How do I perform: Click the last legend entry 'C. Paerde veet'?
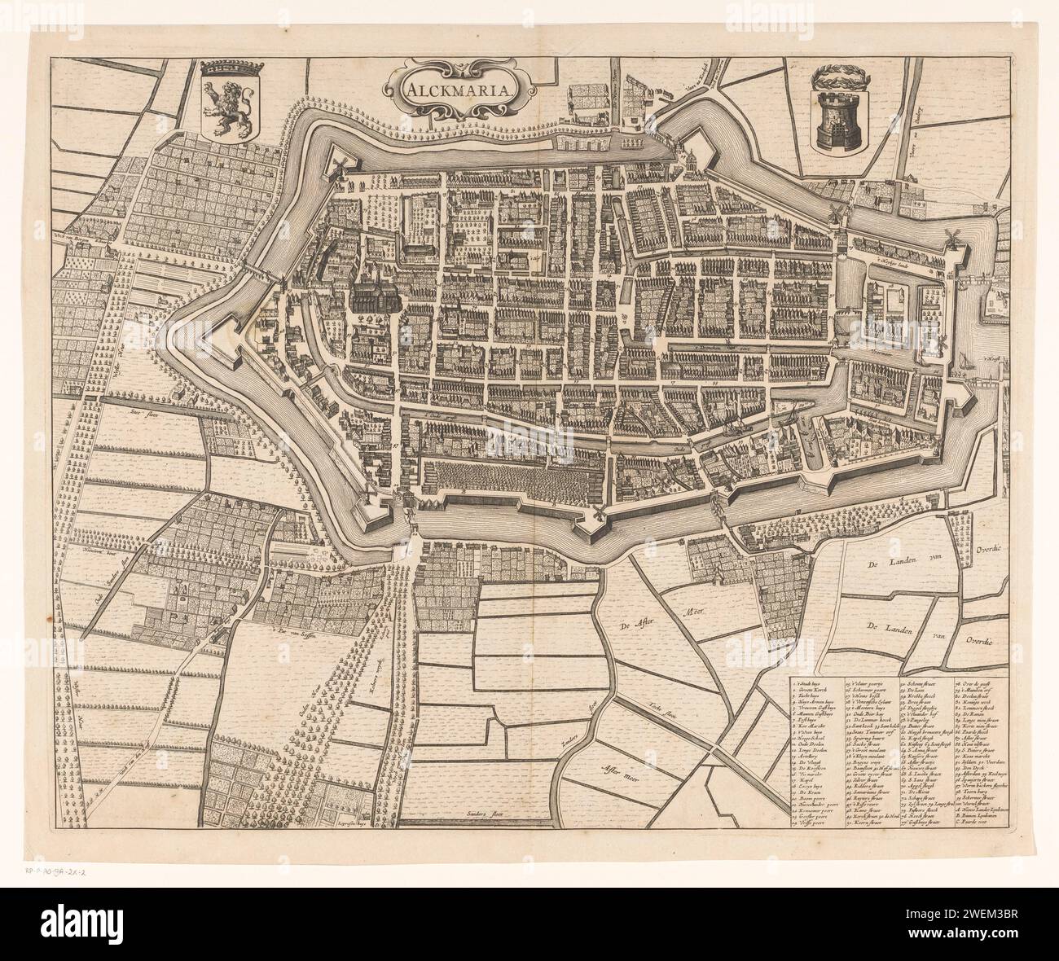pos(974,822)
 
